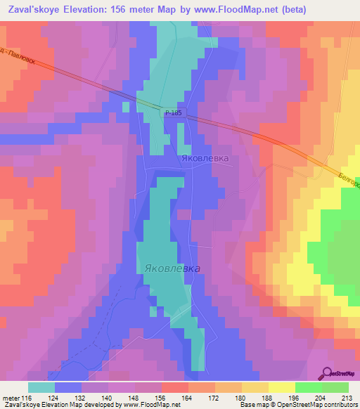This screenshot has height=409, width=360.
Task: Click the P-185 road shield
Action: pyautogui.click(x=173, y=112)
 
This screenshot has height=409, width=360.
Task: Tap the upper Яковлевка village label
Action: pyautogui.click(x=203, y=159)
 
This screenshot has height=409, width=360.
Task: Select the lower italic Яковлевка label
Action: pyautogui.click(x=172, y=268)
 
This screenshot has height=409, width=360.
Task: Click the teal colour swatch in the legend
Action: pyautogui.click(x=41, y=387)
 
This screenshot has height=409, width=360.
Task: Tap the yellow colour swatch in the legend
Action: pyautogui.click(x=282, y=387)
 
